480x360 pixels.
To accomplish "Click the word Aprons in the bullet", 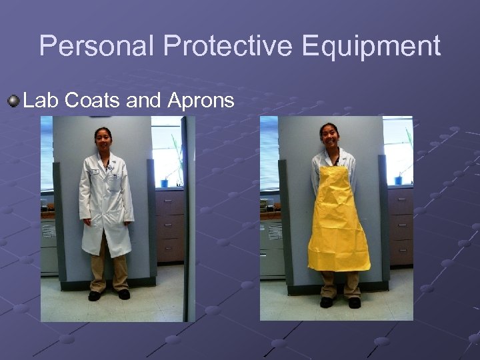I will coord(201,101).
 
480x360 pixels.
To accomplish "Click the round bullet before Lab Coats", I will coord(13,101).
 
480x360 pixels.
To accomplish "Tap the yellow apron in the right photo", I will coord(338,220).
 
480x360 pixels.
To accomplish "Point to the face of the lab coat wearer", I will coord(104,139).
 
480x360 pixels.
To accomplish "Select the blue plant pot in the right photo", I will coord(398,179).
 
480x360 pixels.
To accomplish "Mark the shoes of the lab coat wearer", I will coord(109,295).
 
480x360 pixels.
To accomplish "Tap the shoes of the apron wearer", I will coord(340,302).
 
